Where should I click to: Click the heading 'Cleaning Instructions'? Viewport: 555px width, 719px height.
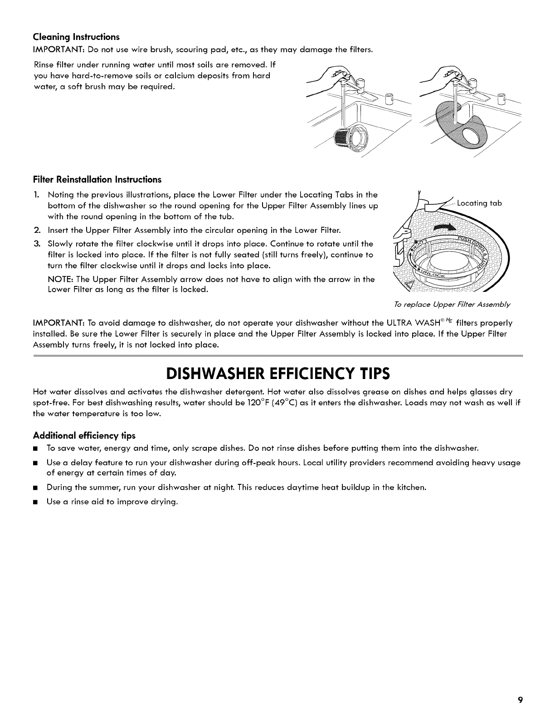click(76, 36)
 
